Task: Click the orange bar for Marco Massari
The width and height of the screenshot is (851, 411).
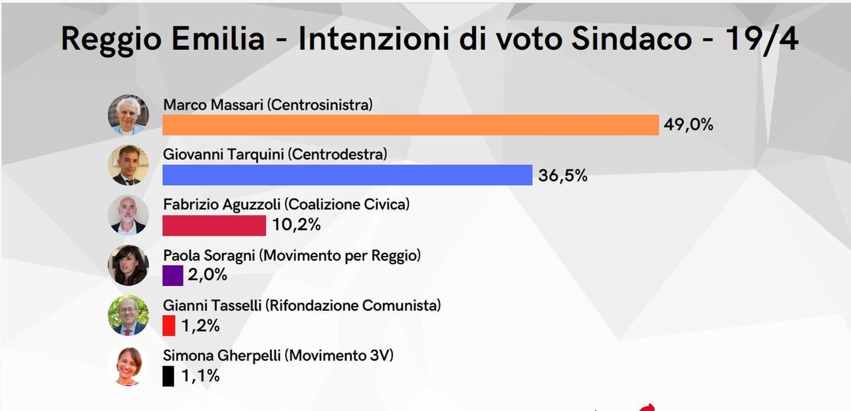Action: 410,125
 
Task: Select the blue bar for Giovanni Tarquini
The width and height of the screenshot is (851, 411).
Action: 347,175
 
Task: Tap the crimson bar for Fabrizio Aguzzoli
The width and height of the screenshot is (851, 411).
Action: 214,225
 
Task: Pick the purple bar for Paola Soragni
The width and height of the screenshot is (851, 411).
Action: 173,275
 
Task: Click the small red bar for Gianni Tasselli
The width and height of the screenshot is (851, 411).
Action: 169,326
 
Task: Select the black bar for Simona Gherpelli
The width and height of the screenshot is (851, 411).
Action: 168,376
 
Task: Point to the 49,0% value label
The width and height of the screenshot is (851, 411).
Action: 688,124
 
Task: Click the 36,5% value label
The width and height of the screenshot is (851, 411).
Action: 562,176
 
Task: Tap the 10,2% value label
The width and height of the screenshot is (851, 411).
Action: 296,225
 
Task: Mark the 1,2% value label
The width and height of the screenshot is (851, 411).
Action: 200,326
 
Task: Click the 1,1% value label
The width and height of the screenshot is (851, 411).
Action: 200,376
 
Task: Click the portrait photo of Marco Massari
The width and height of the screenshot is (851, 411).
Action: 128,114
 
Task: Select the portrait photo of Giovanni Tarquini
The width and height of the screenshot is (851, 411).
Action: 128,165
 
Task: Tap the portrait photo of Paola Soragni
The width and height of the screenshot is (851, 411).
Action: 128,265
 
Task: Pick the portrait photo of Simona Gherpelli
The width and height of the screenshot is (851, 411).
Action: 128,366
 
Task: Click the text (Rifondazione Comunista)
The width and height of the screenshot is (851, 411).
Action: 352,305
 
